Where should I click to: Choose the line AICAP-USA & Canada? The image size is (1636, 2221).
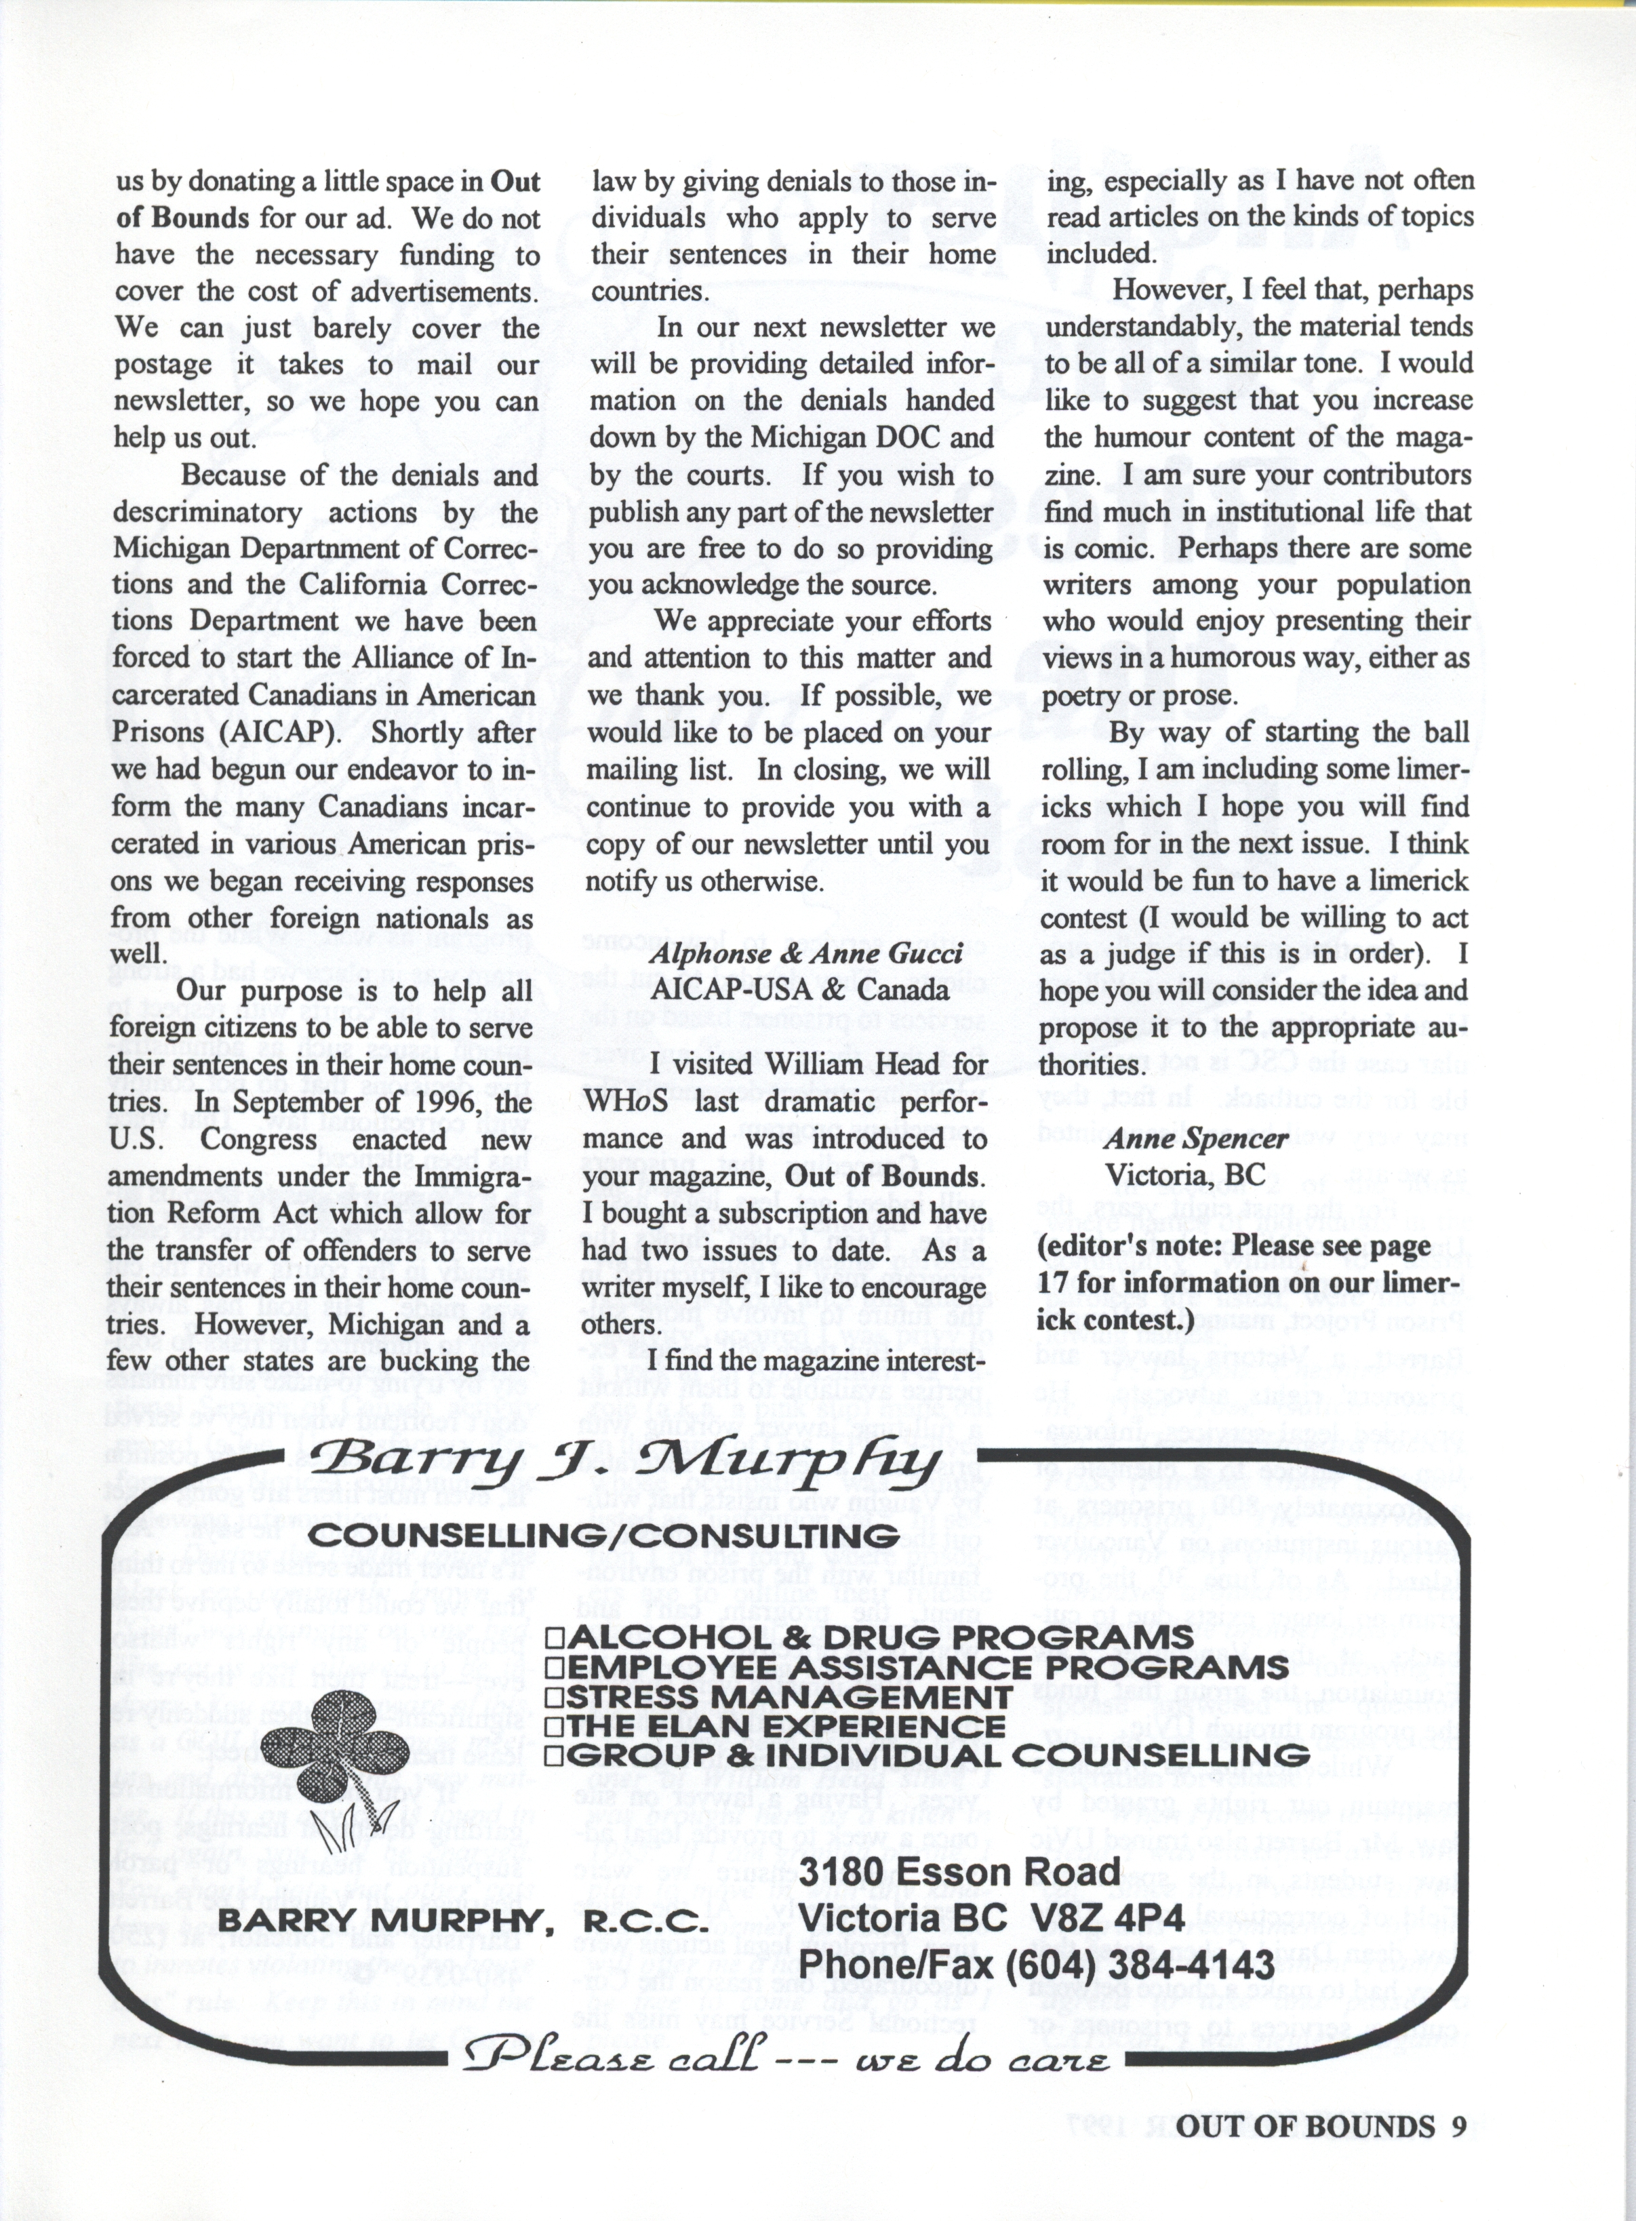point(800,989)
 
